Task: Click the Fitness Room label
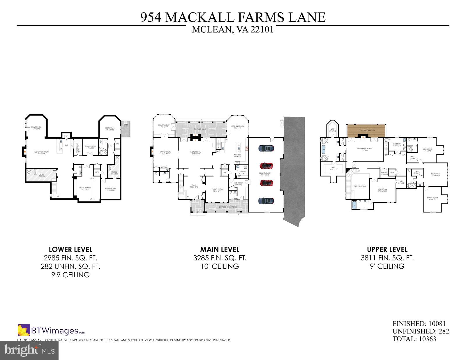click(x=110, y=189)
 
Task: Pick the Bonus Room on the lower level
click(x=90, y=147)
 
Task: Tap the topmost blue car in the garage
click(x=266, y=148)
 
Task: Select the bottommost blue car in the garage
click(x=266, y=201)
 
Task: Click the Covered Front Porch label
click(x=227, y=207)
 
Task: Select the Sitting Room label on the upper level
click(x=433, y=199)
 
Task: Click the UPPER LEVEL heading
click(x=387, y=250)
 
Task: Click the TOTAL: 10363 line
click(x=414, y=339)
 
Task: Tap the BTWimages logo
click(x=51, y=331)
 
